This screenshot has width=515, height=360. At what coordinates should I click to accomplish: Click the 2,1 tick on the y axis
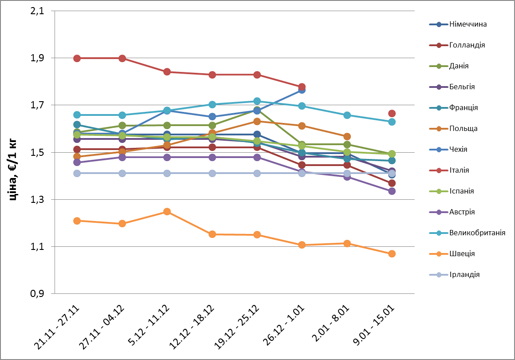pyautogui.click(x=37, y=11)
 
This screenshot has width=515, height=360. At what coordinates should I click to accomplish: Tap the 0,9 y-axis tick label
pyautogui.click(x=37, y=294)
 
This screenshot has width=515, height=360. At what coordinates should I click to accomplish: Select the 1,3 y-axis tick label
pyautogui.click(x=37, y=200)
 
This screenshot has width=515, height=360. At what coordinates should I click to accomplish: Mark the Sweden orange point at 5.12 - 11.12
pyautogui.click(x=167, y=212)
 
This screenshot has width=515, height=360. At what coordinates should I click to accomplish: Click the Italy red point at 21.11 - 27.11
pyautogui.click(x=77, y=58)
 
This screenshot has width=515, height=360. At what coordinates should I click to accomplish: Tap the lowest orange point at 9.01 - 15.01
pyautogui.click(x=392, y=254)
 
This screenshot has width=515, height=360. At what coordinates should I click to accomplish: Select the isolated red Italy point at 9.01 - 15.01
pyautogui.click(x=392, y=114)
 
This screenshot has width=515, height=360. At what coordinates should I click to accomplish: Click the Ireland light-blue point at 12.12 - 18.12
pyautogui.click(x=212, y=173)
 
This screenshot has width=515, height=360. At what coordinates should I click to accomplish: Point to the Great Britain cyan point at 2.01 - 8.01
pyautogui.click(x=347, y=115)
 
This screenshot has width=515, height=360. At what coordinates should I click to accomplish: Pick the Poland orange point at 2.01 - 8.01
pyautogui.click(x=347, y=136)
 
